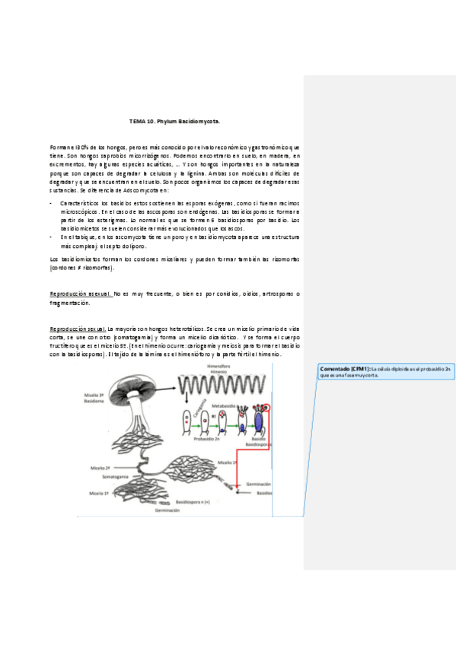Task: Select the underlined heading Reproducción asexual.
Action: coord(80,294)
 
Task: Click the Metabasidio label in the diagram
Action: coord(226,407)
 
